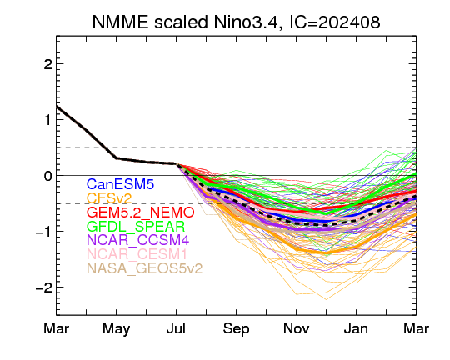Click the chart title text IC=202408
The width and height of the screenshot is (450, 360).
(x=335, y=22)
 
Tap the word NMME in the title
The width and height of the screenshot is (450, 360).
(x=121, y=22)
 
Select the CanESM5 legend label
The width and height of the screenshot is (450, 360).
(x=121, y=184)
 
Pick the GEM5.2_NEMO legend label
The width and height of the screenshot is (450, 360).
(x=141, y=212)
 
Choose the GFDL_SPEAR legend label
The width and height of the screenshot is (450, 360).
(x=136, y=227)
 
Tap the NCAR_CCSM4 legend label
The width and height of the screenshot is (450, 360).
(x=138, y=240)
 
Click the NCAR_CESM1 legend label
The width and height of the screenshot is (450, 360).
(x=137, y=254)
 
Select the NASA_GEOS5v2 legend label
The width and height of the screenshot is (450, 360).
(x=145, y=268)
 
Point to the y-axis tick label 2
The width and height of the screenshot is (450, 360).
(x=48, y=64)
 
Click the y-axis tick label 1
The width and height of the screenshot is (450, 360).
(x=48, y=120)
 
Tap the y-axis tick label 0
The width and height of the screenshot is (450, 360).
(x=48, y=176)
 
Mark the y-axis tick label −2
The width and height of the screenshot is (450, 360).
(x=44, y=287)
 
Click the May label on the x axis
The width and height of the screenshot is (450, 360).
(x=116, y=329)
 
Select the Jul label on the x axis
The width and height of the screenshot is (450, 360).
(x=176, y=328)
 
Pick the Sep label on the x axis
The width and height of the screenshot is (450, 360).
(x=236, y=329)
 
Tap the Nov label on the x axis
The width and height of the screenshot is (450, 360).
(x=296, y=328)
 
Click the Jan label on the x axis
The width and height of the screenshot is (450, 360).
(x=356, y=328)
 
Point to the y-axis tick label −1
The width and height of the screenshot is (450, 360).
(x=44, y=232)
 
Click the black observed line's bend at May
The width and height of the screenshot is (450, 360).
(x=116, y=158)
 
